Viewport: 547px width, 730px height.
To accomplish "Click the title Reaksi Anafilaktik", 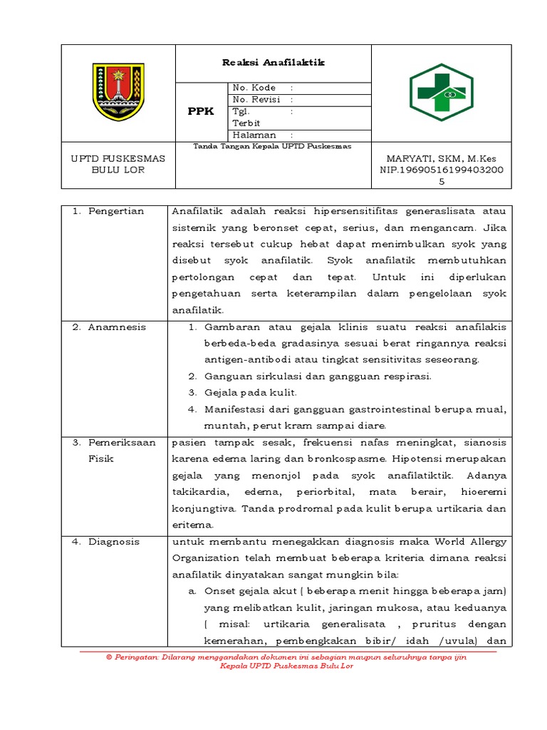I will pyautogui.click(x=273, y=63).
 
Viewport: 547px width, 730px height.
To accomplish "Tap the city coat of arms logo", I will pyautogui.click(x=118, y=92).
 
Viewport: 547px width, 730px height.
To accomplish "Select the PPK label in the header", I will pyautogui.click(x=200, y=112).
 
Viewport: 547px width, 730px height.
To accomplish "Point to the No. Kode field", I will pyautogui.click(x=263, y=88).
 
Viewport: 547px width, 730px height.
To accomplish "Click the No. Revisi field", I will pyautogui.click(x=263, y=100).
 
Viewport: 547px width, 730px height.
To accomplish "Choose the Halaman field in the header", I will pyautogui.click(x=263, y=135).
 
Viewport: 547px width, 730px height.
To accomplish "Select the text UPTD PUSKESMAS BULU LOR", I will pyautogui.click(x=118, y=165).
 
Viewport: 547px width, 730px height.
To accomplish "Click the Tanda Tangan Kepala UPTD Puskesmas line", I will pyautogui.click(x=272, y=146).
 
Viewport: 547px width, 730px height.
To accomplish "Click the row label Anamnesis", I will pyautogui.click(x=116, y=327).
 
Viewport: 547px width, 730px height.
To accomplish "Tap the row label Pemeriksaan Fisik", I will pyautogui.click(x=121, y=451).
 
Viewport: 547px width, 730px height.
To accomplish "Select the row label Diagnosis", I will pyautogui.click(x=114, y=542).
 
